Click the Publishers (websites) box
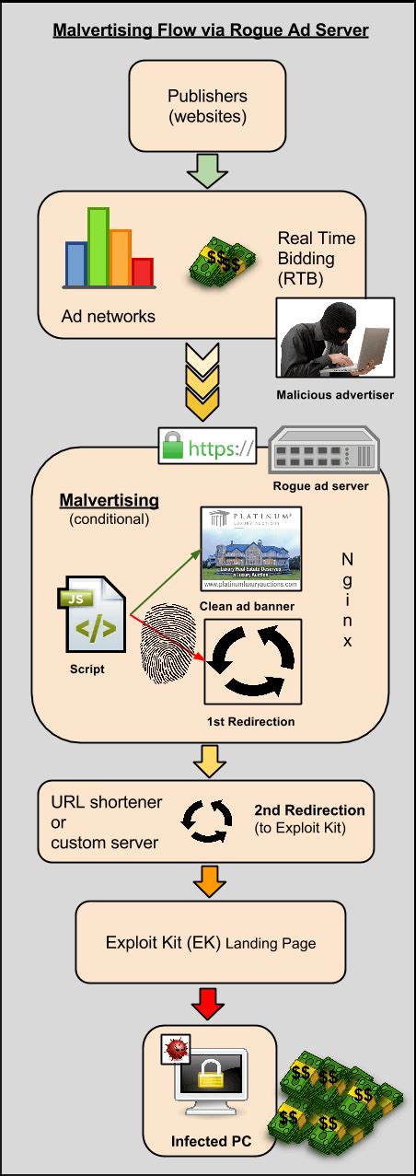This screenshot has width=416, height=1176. [207, 106]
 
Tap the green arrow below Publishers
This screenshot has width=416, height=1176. [207, 169]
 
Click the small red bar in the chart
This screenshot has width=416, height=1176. [142, 272]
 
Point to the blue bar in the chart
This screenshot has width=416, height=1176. [75, 263]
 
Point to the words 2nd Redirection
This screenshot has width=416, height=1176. [309, 810]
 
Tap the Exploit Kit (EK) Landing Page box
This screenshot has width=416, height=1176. [210, 942]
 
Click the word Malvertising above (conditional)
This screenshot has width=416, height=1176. [109, 500]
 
